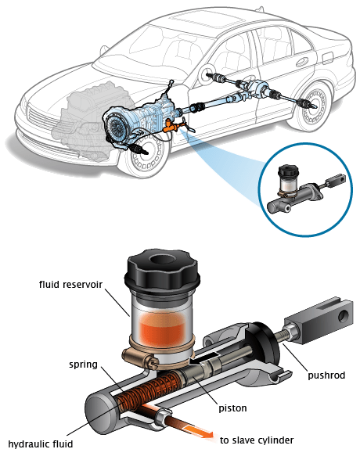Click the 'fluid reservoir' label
point(70,285)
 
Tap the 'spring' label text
point(83,365)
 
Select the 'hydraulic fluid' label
point(41,444)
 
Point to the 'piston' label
point(232,408)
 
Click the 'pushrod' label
point(326,375)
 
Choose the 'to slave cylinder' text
point(257,440)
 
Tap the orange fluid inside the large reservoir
point(163,328)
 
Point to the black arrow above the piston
point(205,357)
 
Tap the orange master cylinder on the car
point(171,126)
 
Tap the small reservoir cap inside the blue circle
point(288,171)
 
